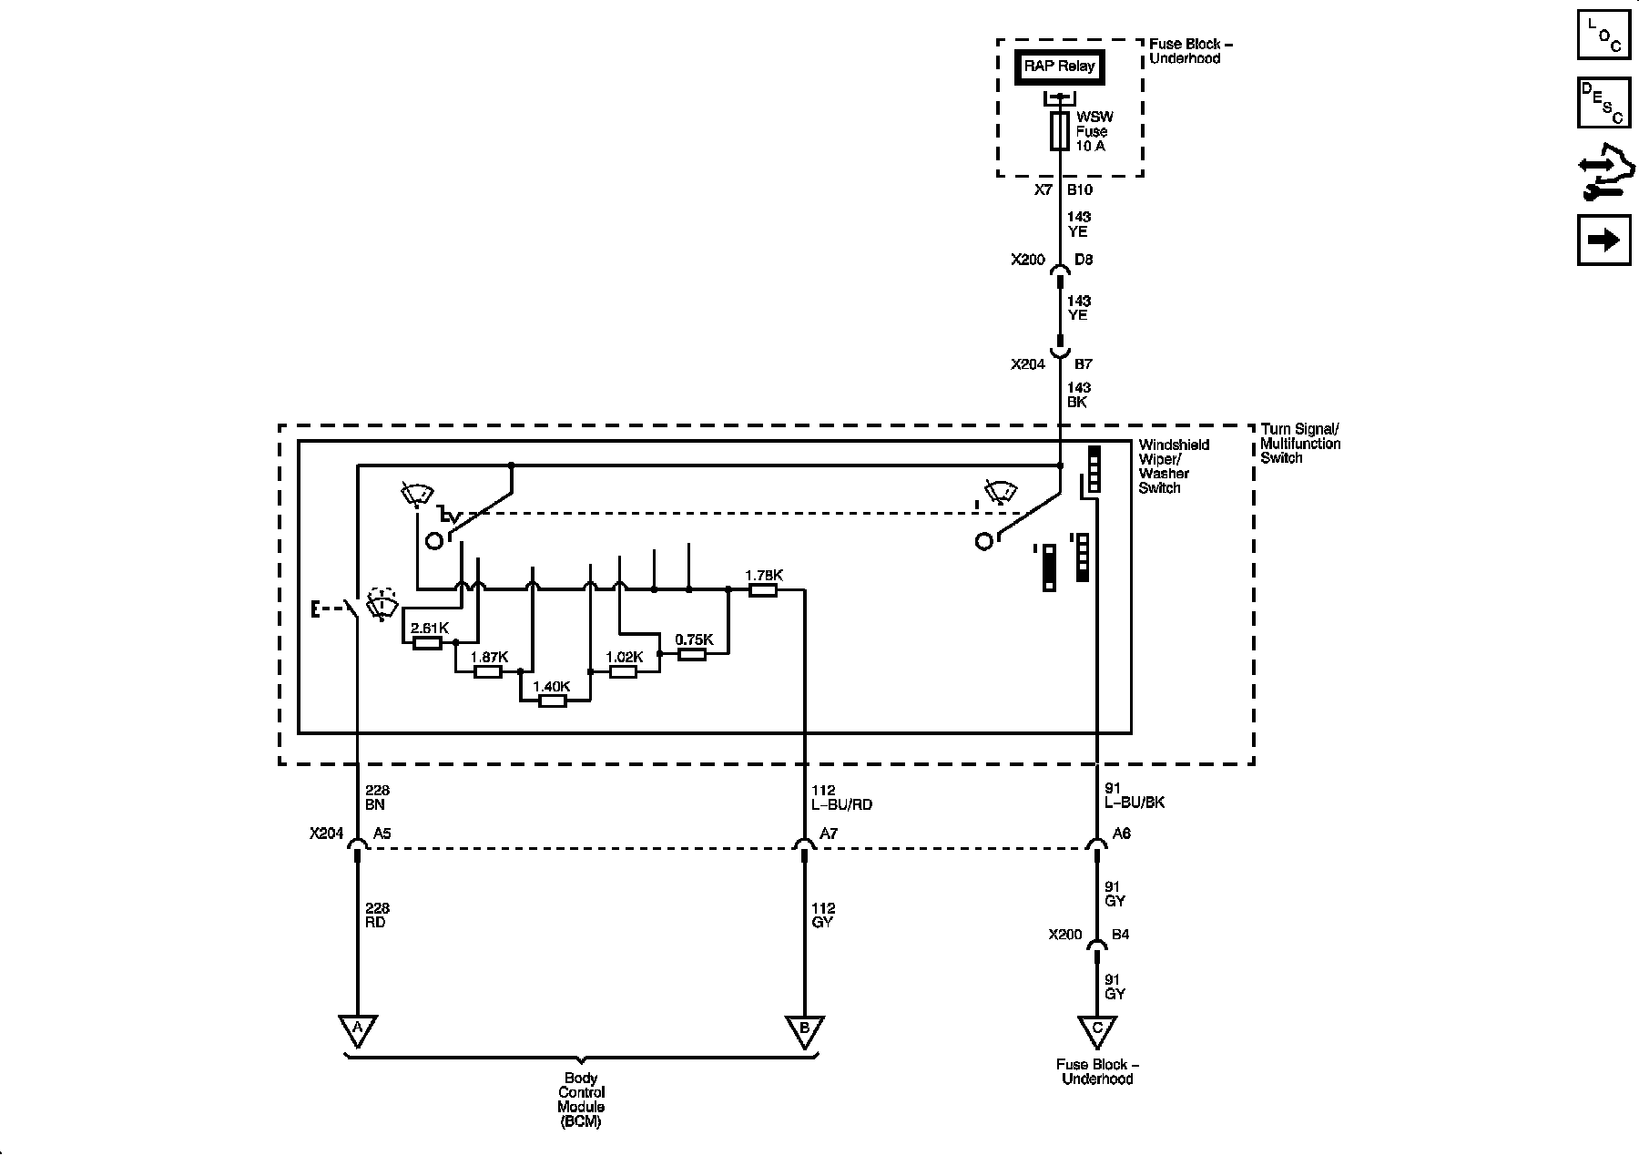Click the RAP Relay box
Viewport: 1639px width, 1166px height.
pyautogui.click(x=1059, y=66)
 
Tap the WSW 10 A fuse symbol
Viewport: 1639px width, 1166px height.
pyautogui.click(x=1059, y=132)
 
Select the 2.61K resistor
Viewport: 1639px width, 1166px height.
pyautogui.click(x=427, y=643)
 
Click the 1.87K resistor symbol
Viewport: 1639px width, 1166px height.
pyautogui.click(x=488, y=671)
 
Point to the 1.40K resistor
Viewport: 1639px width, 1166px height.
pyautogui.click(x=552, y=701)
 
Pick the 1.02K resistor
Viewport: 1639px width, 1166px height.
pyautogui.click(x=623, y=671)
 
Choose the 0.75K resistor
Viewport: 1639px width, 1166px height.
pyautogui.click(x=692, y=653)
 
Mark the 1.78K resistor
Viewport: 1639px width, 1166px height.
pyautogui.click(x=763, y=590)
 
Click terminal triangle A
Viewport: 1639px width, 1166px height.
pyautogui.click(x=358, y=1029)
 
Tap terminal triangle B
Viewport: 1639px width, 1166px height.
pyautogui.click(x=804, y=1029)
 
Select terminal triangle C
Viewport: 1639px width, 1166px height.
pyautogui.click(x=1097, y=1029)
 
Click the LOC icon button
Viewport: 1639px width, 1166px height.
pyautogui.click(x=1603, y=37)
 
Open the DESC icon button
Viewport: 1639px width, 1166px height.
pyautogui.click(x=1603, y=103)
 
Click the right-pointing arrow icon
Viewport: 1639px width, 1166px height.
pyautogui.click(x=1603, y=240)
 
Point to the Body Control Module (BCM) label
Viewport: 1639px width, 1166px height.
pyautogui.click(x=581, y=1100)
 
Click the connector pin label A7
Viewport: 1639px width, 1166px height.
pyautogui.click(x=829, y=834)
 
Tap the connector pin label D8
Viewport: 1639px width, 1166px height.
pyautogui.click(x=1084, y=260)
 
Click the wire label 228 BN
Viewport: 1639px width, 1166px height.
pyautogui.click(x=376, y=798)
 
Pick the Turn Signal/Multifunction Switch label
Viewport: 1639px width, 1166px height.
pyautogui.click(x=1300, y=444)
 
